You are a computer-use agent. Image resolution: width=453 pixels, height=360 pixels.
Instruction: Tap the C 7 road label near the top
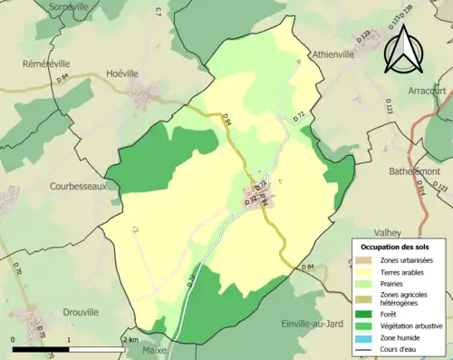pos(156,11)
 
